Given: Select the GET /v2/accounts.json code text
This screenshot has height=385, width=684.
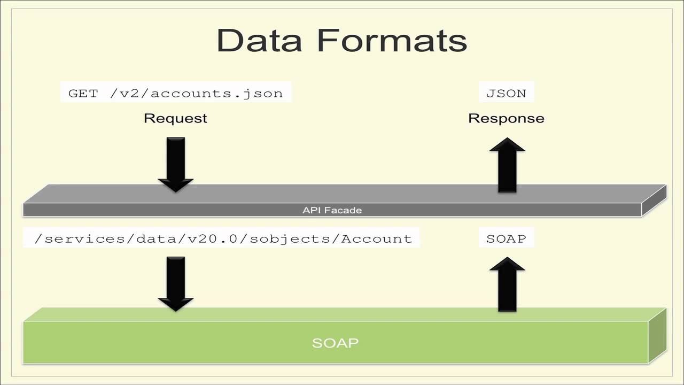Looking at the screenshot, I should coord(175,93).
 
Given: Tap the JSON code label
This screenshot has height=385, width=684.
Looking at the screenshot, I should coord(506,93).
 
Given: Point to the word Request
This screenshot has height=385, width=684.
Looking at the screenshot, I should coord(175,118).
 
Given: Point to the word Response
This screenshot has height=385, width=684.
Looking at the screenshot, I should coord(506,118).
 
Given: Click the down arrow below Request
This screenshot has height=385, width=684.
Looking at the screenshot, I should coord(175,163).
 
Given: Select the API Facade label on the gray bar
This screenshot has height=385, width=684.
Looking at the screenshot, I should coord(332,210).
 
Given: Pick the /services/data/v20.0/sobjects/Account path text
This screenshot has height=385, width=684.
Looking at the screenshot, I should coord(223,238).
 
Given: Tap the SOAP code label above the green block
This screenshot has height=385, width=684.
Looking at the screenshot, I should coord(506,238).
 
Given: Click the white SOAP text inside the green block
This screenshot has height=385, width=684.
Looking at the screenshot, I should coord(335,343).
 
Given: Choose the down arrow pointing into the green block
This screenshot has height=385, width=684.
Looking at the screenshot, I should coord(175,283).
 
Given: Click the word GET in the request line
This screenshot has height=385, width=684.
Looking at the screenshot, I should coord(83,93).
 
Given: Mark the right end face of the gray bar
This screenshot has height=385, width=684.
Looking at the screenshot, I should coord(654,201).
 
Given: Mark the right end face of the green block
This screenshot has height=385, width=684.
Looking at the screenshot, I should coord(657,335).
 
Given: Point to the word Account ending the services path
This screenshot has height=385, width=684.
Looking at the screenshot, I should coord(377,238).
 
